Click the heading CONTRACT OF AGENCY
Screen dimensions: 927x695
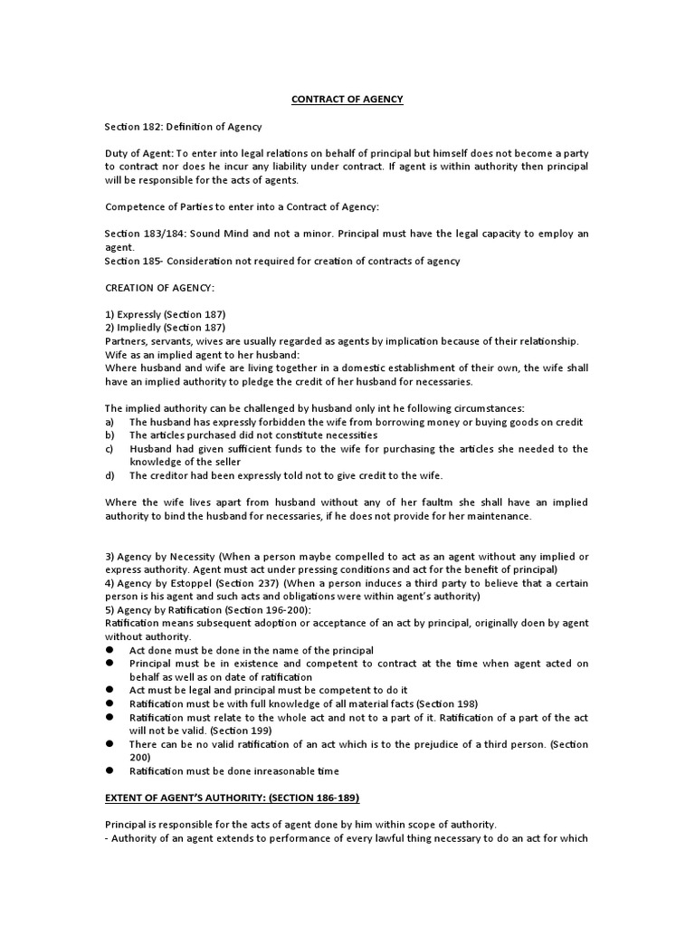click(x=347, y=100)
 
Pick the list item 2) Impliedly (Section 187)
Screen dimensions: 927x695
click(x=165, y=327)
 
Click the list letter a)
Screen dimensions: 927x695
click(x=109, y=423)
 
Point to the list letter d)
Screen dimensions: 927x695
click(x=109, y=476)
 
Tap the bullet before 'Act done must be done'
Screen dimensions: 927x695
click(x=109, y=651)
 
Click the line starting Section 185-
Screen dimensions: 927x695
click(x=282, y=261)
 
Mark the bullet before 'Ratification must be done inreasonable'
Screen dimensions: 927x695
click(x=109, y=770)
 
